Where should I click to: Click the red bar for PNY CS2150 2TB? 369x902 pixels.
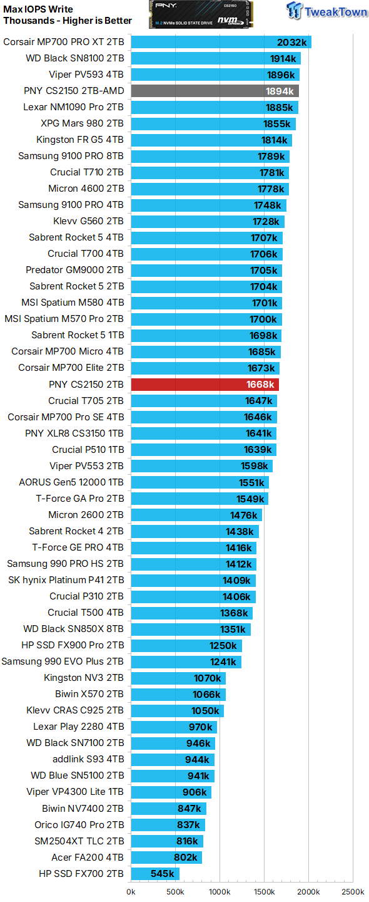point(205,384)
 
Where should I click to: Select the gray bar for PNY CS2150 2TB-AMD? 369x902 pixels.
point(215,91)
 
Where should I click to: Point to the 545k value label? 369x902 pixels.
point(163,873)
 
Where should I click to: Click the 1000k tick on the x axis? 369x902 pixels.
point(220,891)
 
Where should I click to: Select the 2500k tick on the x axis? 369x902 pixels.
point(352,891)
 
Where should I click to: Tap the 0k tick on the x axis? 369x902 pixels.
point(131,891)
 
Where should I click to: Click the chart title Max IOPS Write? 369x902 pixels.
point(38,9)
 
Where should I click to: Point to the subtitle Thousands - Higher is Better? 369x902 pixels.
point(68,21)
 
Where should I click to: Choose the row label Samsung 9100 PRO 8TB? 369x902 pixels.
point(71,156)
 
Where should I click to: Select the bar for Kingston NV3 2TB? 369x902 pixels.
point(178,678)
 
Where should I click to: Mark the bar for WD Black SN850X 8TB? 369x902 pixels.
point(191,629)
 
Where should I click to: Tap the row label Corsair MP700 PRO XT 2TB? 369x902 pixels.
point(63,42)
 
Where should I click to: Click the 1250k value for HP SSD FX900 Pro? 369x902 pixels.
point(223,645)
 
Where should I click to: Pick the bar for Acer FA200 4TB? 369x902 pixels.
point(166,857)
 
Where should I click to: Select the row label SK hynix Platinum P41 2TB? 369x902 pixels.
point(66,580)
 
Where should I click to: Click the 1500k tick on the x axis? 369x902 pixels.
point(264,891)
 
